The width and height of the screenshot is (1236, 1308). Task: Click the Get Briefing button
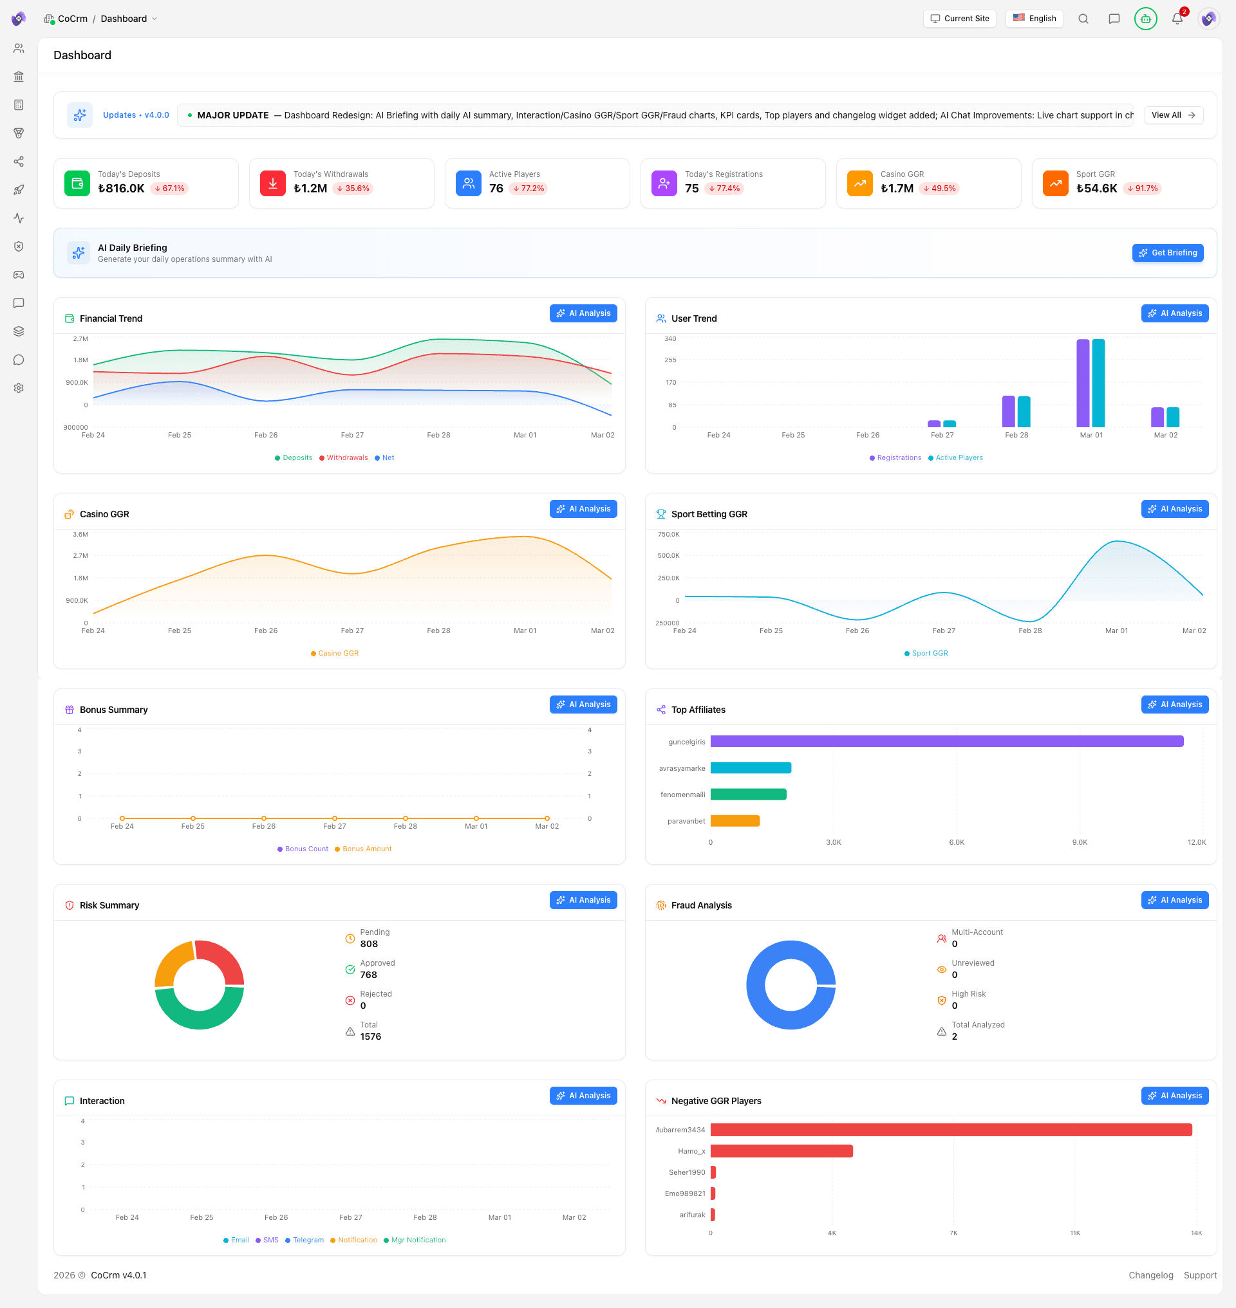pos(1167,253)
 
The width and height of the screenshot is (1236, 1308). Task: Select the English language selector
pos(1034,19)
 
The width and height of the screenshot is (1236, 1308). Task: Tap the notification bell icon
pos(1177,19)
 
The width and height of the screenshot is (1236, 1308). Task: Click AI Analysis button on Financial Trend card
pos(583,313)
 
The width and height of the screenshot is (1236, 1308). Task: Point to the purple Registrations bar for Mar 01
pos(1082,383)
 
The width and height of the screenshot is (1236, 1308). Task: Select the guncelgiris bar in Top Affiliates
pos(946,742)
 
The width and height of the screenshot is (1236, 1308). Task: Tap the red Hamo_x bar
pos(782,1151)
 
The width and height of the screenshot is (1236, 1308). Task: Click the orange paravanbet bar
pos(735,820)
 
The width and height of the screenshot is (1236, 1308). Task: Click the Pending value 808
pos(369,944)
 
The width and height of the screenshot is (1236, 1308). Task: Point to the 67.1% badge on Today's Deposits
pos(169,189)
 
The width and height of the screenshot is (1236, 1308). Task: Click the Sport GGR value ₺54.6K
pos(1096,189)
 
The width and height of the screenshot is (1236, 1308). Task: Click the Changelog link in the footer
pos(1150,1275)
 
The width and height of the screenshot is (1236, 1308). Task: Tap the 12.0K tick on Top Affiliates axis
pos(1196,842)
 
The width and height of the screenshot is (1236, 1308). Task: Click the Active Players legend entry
pos(959,457)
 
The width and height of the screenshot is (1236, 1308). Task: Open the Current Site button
pos(959,19)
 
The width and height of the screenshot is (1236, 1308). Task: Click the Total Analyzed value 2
pos(954,1036)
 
